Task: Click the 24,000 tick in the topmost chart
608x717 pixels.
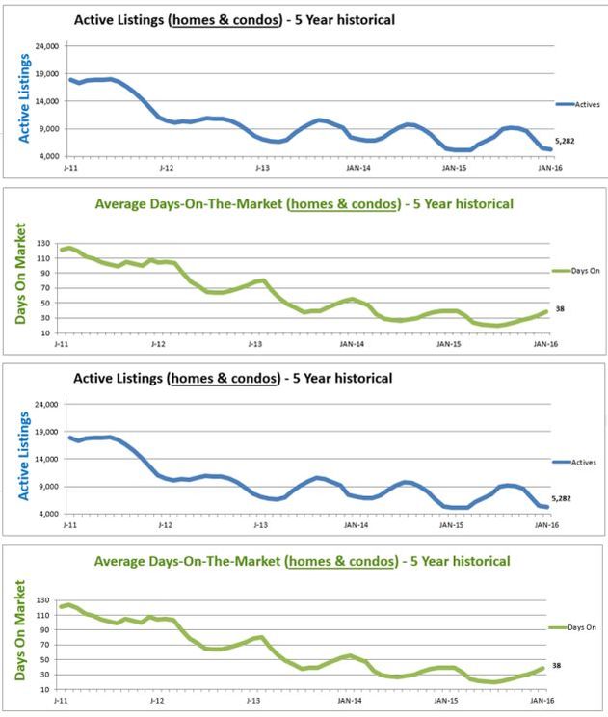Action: click(x=46, y=46)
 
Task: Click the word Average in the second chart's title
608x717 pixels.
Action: click(x=121, y=204)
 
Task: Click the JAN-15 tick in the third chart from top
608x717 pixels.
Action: click(x=449, y=525)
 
